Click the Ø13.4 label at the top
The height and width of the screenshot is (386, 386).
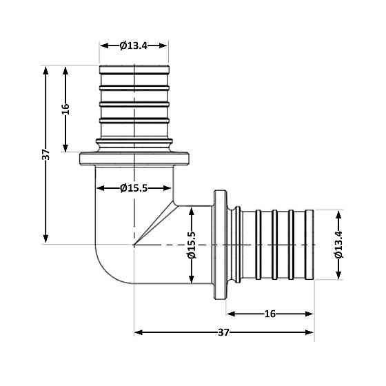click(x=134, y=45)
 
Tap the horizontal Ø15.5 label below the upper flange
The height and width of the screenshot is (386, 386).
click(x=134, y=188)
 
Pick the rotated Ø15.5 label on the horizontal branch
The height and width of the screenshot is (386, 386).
click(x=192, y=245)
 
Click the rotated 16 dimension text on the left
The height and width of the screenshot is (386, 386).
click(x=66, y=110)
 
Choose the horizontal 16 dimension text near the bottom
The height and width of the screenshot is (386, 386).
click(x=270, y=314)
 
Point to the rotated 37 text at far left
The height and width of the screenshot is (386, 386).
click(x=46, y=154)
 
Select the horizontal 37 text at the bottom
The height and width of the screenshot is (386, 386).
click(x=223, y=332)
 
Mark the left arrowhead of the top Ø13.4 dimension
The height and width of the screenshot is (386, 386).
click(x=105, y=45)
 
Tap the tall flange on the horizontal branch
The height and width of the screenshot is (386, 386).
click(x=221, y=244)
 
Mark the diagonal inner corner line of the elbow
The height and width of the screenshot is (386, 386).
click(x=156, y=223)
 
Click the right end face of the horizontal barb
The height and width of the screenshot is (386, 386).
click(x=313, y=244)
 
